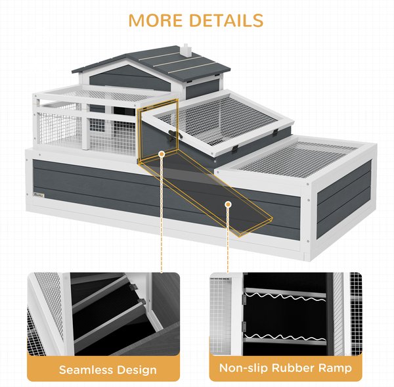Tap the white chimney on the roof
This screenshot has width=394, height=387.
[186, 50]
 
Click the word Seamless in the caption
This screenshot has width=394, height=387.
[85, 370]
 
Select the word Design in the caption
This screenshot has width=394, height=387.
[137, 371]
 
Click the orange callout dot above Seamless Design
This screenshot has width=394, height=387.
[162, 154]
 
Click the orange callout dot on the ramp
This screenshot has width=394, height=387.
[228, 204]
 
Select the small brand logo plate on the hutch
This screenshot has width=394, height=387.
[39, 195]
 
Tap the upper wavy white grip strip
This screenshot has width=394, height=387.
[285, 297]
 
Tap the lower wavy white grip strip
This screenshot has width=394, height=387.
[285, 337]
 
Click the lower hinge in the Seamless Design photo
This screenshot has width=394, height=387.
[141, 301]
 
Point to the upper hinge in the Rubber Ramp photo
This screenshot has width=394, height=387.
[244, 299]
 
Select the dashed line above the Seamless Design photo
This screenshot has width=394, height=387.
[162, 215]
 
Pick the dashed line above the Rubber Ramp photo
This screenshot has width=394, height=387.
[228, 240]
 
